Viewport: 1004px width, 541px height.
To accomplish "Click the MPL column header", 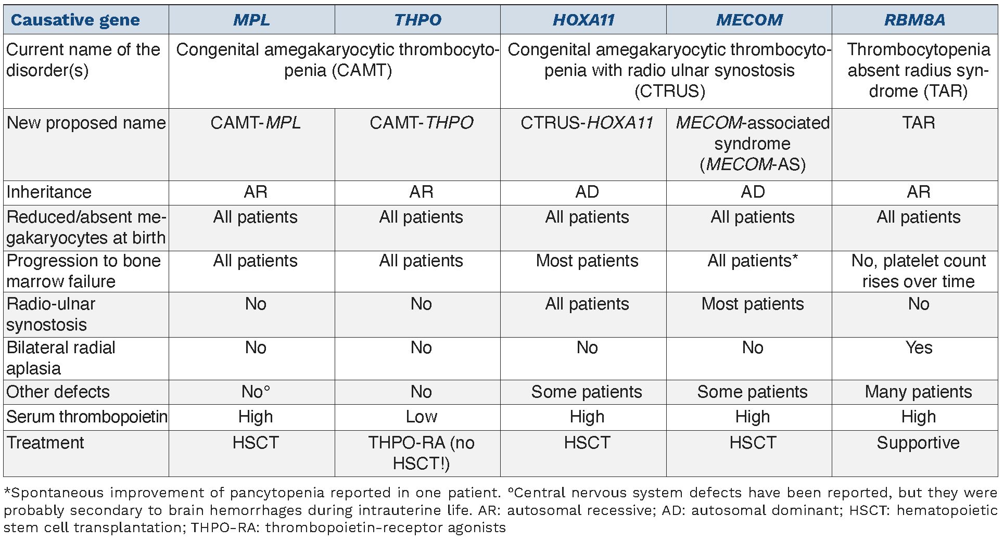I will [x=251, y=20].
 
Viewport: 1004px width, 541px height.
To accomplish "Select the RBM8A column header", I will [x=914, y=20].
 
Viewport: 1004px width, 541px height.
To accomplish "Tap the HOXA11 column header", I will [x=583, y=20].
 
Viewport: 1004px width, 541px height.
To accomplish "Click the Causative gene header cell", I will [x=75, y=20].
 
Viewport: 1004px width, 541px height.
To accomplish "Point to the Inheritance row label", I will [x=49, y=192].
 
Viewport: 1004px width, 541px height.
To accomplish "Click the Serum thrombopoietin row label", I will [x=87, y=417].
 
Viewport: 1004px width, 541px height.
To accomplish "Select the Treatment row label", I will [x=45, y=443].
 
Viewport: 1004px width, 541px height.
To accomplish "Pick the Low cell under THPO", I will [x=421, y=417].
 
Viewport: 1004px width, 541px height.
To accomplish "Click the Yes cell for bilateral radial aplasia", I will [x=919, y=347].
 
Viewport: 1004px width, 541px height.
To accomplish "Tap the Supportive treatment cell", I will [x=918, y=443].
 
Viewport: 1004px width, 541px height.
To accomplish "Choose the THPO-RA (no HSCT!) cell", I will [x=421, y=453].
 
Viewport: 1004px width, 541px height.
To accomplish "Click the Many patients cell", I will [x=918, y=392].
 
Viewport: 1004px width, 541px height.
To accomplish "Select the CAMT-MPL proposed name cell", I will [x=256, y=123].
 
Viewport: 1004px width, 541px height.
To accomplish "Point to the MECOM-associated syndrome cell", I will [x=753, y=144].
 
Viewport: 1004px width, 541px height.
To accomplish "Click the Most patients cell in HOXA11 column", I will [x=587, y=261].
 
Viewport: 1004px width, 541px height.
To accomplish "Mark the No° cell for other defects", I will [x=256, y=392].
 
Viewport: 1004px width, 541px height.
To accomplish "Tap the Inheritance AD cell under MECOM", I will [x=753, y=192].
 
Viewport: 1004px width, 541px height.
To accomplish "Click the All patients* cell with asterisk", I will [x=753, y=261].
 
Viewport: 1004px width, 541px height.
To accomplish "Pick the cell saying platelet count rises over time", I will [x=918, y=271].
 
